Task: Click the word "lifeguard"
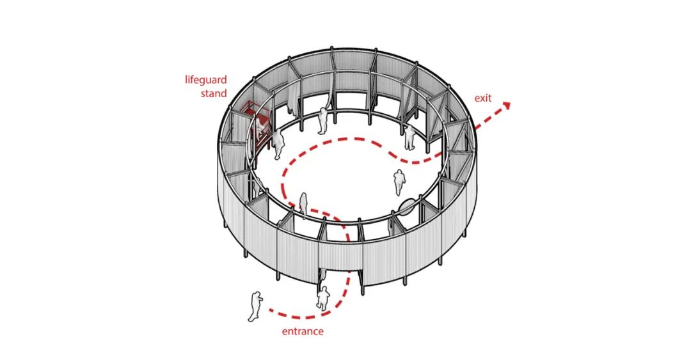[206, 80]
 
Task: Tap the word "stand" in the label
[214, 93]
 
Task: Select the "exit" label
[483, 98]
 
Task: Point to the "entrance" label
[303, 331]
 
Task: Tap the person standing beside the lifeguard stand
[278, 144]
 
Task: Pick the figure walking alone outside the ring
[255, 307]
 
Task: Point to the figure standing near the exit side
[410, 137]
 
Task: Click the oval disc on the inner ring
[406, 207]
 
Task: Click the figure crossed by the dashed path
[303, 205]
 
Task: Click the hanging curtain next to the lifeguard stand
[290, 102]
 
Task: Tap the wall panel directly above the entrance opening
[340, 256]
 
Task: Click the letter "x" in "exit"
[481, 98]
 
